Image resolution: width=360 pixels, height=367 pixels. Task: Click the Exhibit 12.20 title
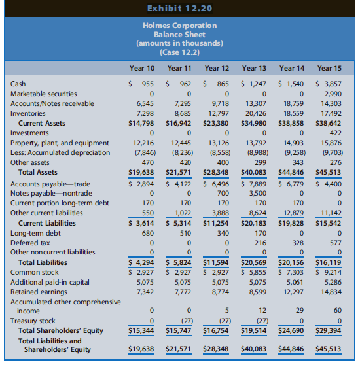click(x=179, y=9)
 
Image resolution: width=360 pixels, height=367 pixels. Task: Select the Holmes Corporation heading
click(x=179, y=26)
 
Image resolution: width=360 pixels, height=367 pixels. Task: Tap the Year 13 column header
click(x=254, y=68)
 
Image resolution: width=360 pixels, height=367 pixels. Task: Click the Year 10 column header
click(x=142, y=68)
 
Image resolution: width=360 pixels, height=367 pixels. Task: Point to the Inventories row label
click(x=28, y=113)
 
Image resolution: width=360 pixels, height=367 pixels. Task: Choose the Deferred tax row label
click(x=30, y=243)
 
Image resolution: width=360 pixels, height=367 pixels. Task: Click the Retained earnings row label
click(x=39, y=292)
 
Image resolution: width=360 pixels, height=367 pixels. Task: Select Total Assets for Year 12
click(x=216, y=172)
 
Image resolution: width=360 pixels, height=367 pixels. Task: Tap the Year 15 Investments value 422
click(x=335, y=133)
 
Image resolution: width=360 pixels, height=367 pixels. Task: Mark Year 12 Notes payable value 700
click(x=223, y=193)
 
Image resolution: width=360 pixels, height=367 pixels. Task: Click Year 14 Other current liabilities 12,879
click(x=293, y=213)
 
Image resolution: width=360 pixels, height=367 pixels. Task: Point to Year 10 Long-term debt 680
click(x=148, y=233)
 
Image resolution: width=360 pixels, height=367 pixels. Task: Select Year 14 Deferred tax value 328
click(x=298, y=243)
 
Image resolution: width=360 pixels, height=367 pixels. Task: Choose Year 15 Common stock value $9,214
click(x=329, y=272)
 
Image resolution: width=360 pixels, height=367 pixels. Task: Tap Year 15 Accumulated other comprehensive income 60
click(x=338, y=310)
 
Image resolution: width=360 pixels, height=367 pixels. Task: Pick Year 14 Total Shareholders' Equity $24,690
click(x=291, y=330)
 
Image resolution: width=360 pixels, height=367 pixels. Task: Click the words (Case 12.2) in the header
click(x=179, y=52)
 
